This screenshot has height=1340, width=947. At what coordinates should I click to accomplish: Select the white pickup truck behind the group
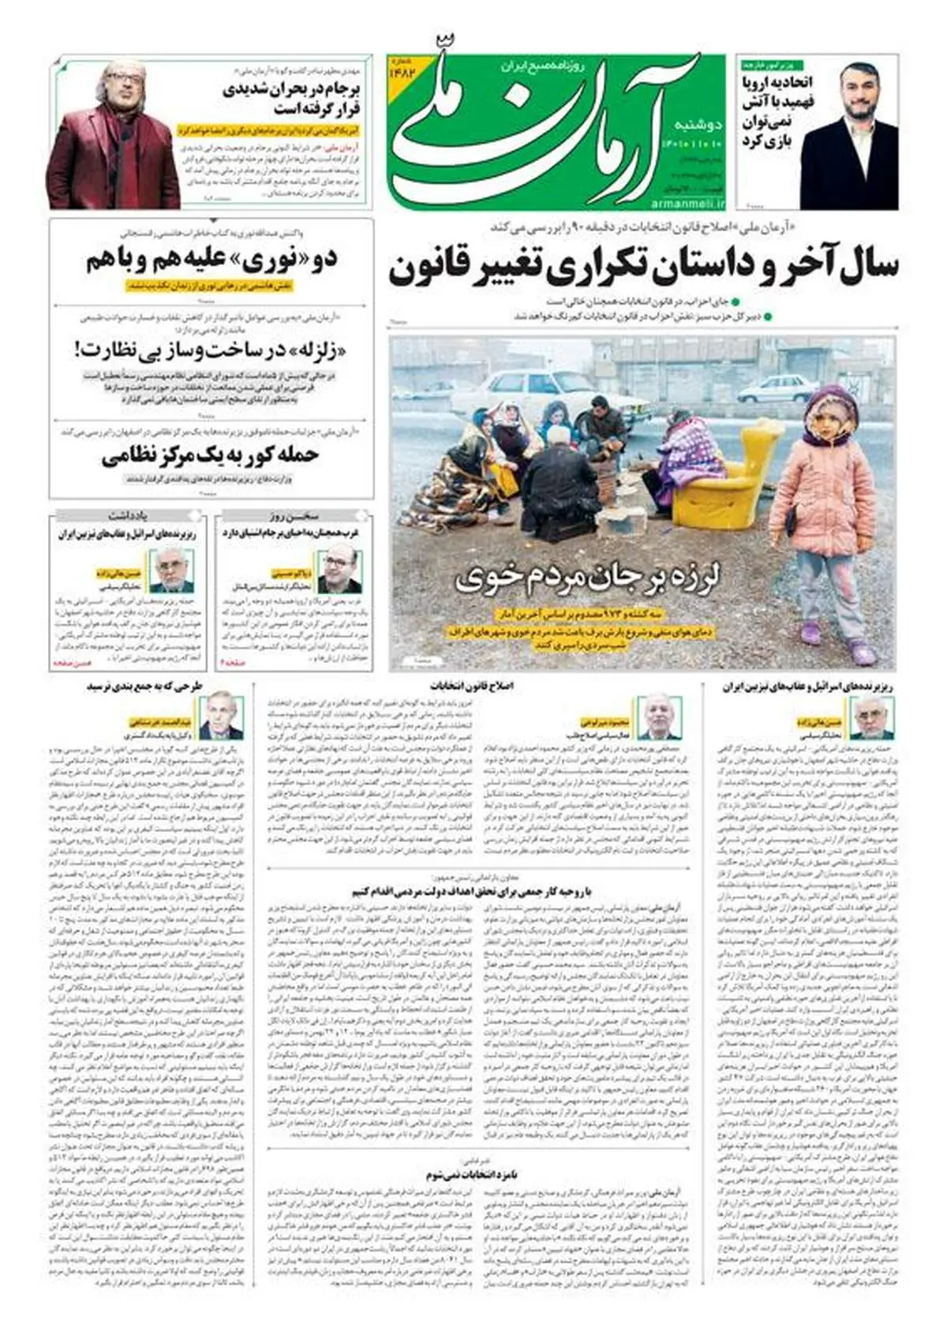pos(537,391)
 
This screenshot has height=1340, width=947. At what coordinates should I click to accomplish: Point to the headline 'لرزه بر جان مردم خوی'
pos(588,580)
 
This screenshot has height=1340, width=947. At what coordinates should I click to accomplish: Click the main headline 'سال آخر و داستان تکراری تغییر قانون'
pos(643,268)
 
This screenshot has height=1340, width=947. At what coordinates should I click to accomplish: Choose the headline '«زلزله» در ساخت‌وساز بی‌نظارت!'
pos(211,347)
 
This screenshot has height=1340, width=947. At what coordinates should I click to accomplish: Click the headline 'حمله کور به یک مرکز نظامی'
pos(211,456)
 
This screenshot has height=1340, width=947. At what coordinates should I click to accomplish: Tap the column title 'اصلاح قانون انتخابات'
pos(472,686)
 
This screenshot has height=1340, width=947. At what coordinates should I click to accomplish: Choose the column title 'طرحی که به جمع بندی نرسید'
pos(148,686)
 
